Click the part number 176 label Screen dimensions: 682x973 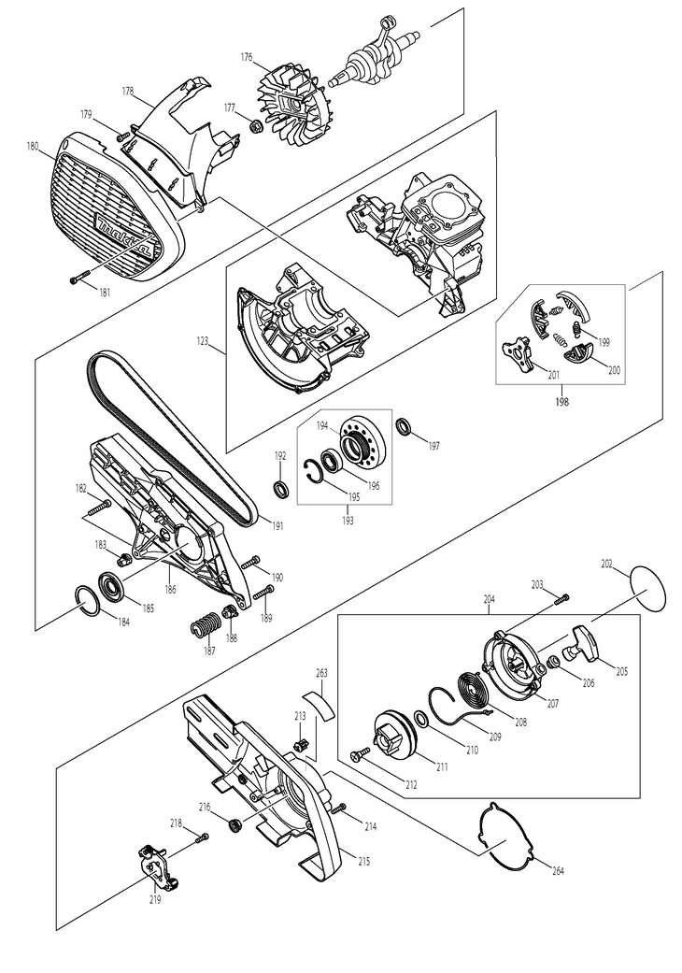(246, 57)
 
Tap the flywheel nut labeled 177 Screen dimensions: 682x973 (254, 126)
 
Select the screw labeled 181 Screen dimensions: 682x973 (80, 280)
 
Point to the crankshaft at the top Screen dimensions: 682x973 (372, 57)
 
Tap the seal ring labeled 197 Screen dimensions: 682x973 (405, 426)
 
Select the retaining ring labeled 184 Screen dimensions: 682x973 (86, 601)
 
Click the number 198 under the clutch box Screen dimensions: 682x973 (561, 402)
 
